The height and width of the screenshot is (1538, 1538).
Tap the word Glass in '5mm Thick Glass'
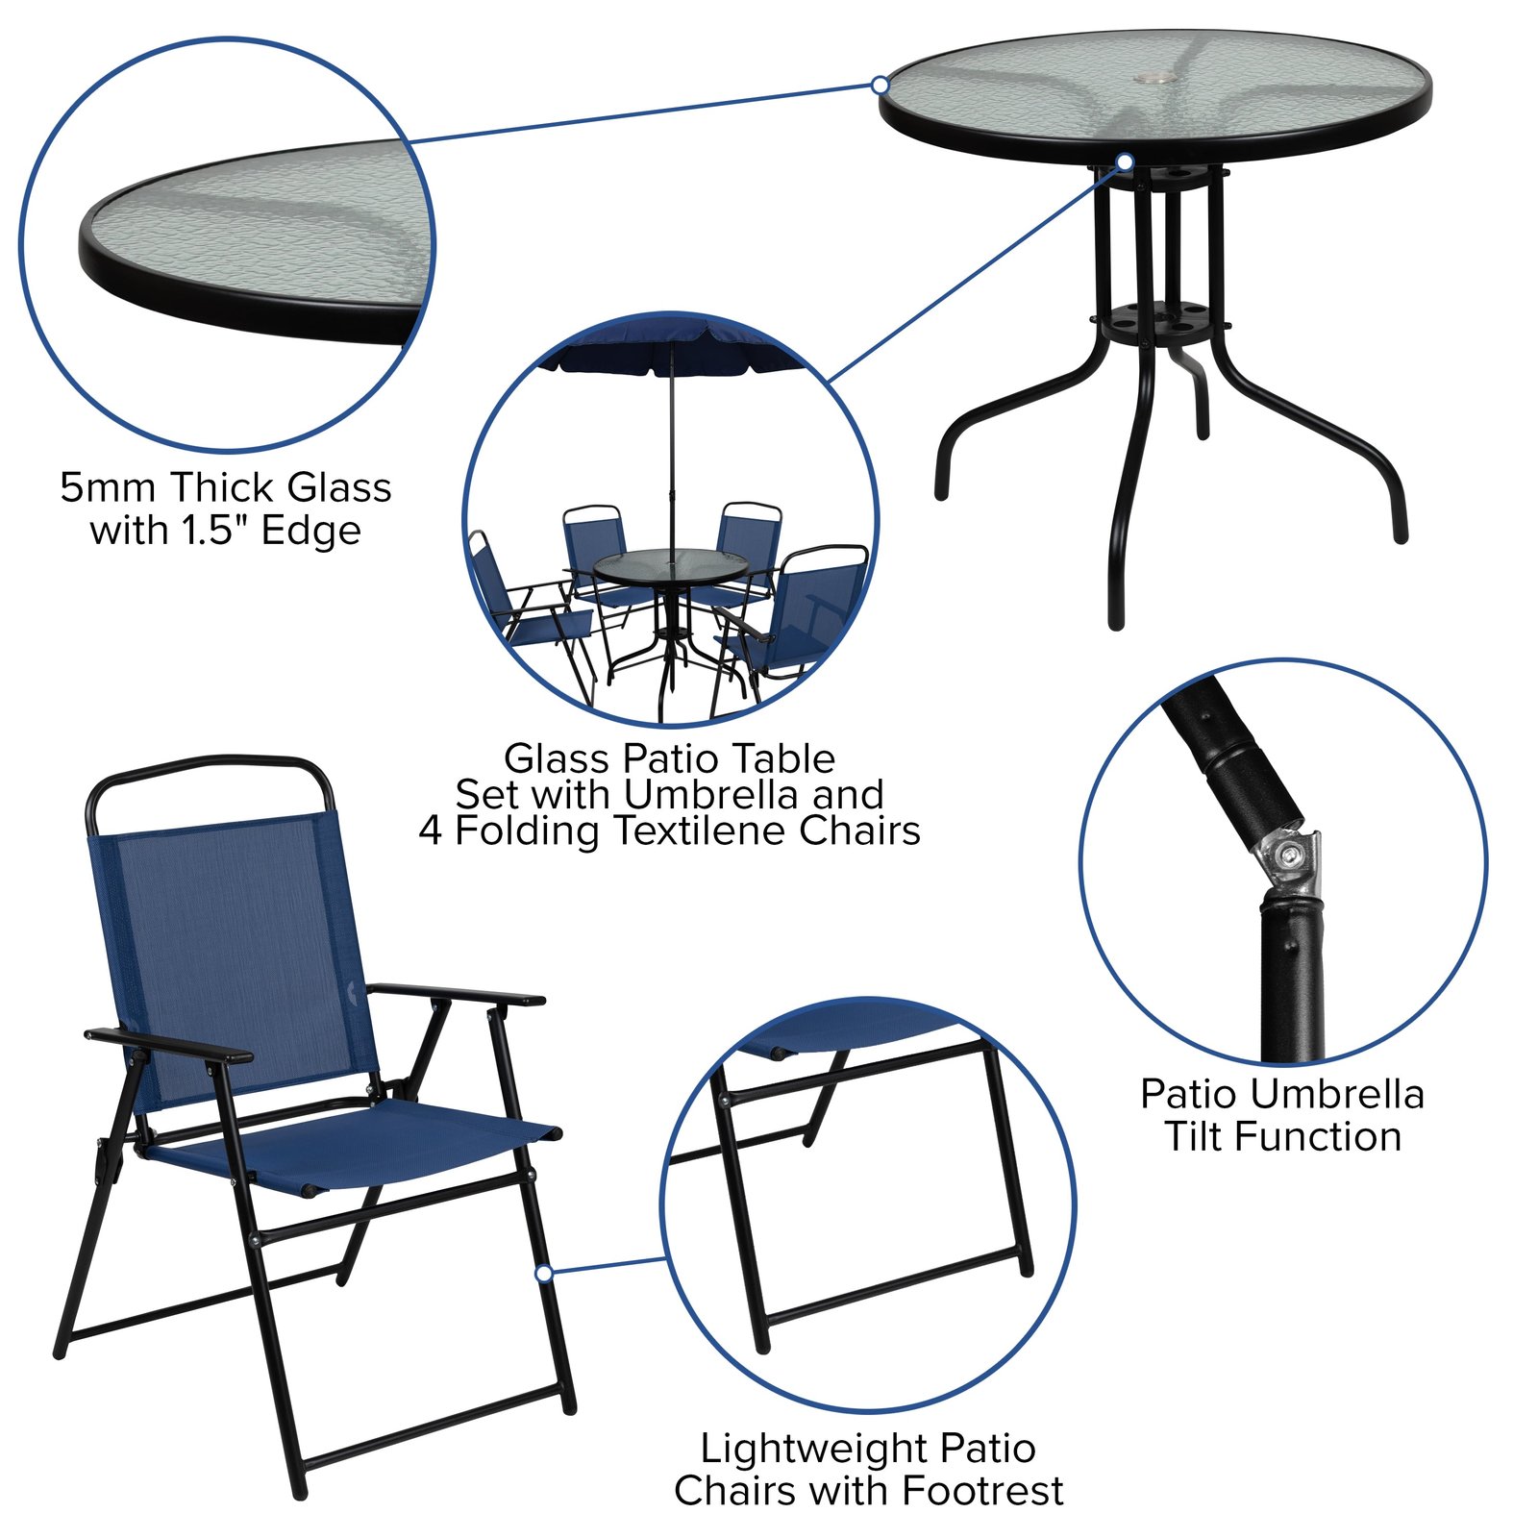(339, 487)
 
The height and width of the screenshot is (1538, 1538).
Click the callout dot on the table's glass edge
(880, 85)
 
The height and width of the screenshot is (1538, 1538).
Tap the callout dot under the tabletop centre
(1125, 161)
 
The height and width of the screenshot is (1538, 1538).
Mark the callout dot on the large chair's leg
(544, 1273)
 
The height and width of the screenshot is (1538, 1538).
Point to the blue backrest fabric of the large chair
(231, 952)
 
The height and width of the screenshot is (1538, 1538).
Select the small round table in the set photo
(670, 566)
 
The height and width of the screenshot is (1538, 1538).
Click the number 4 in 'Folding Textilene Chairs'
(431, 831)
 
